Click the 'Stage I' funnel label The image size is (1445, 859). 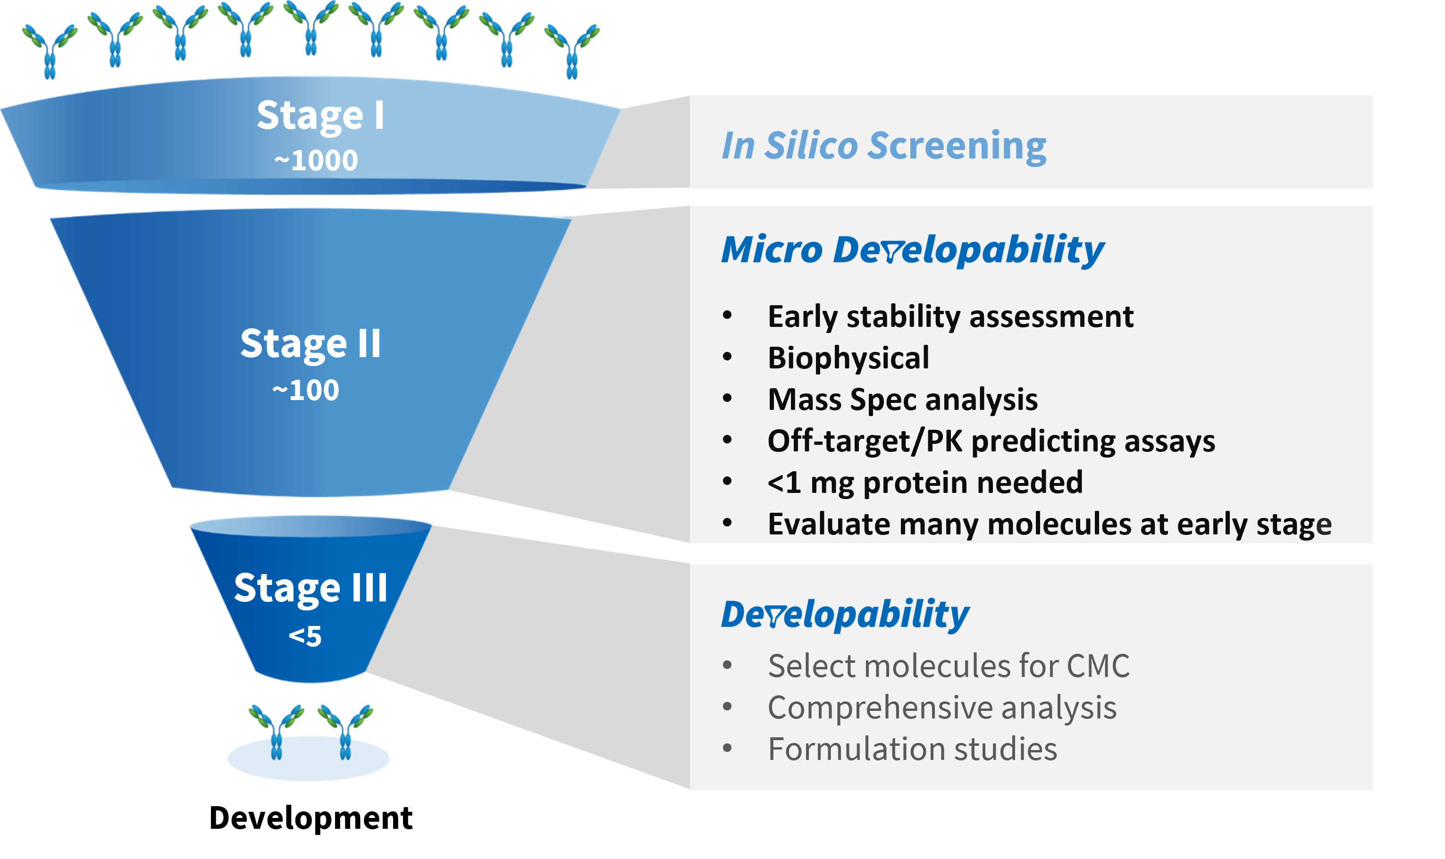point(320,116)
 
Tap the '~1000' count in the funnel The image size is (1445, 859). point(316,160)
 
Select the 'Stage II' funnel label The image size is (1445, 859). point(311,344)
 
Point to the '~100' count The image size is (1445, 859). point(306,390)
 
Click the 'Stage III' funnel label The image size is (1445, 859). point(311,588)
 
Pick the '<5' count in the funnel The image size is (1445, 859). point(305,636)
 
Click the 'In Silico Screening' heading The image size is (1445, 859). point(883,145)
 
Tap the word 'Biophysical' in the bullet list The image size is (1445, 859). point(848,358)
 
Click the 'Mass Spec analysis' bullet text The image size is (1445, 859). point(903,400)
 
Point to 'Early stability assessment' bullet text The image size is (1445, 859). point(950,317)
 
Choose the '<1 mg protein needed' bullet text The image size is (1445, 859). point(924,482)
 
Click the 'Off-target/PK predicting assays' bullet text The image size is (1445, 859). point(991,441)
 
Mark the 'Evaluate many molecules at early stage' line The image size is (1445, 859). point(1049,524)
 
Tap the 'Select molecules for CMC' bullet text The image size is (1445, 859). point(948,666)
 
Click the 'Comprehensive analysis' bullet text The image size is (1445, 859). point(942,708)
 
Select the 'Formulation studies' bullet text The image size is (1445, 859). point(912,749)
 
